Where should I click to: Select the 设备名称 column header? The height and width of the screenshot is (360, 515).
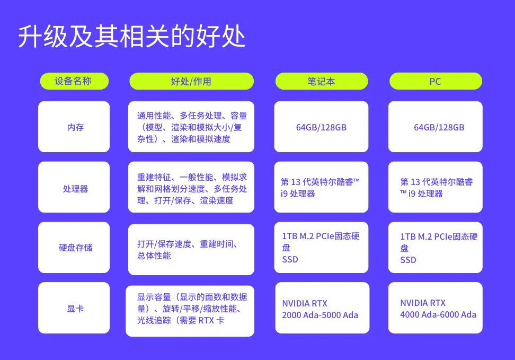74,81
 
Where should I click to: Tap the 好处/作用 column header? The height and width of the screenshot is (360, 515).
191,81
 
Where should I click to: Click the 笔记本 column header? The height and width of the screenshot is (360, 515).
321,81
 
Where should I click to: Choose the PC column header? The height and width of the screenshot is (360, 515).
436,81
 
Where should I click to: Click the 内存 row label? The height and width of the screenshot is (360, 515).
74,127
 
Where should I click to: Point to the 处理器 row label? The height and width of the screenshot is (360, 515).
74,188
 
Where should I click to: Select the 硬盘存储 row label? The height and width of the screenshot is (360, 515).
74,248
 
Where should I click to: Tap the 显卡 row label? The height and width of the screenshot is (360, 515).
74,308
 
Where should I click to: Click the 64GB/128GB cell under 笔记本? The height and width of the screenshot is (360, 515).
321,127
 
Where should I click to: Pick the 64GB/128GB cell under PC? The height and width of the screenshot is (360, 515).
436,127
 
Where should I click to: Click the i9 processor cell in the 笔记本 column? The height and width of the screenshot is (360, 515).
321,188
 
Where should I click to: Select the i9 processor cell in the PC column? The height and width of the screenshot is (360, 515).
436,188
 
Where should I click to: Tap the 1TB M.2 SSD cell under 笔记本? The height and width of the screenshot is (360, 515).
321,248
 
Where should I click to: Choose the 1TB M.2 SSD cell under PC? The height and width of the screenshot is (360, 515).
436,248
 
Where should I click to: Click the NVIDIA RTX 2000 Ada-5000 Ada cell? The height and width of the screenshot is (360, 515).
321,308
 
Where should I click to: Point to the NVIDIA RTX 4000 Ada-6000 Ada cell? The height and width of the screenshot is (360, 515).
436,308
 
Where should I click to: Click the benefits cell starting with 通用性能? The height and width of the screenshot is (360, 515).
191,127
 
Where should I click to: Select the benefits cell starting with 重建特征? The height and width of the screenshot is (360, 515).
191,188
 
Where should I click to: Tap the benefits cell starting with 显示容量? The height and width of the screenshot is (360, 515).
190,309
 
